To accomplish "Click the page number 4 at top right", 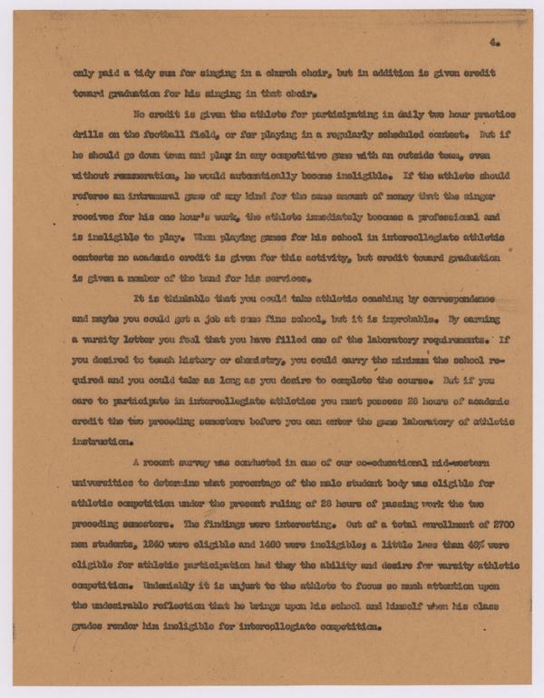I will [491, 42].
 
